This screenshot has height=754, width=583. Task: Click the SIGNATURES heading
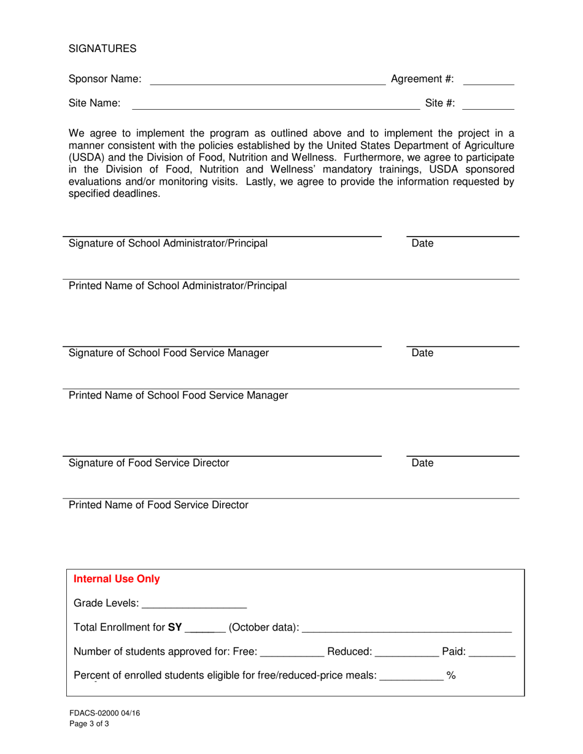click(102, 48)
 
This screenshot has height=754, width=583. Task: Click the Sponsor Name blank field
click(267, 80)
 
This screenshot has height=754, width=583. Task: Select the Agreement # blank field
click(488, 80)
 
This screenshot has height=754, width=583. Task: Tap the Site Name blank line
click(276, 104)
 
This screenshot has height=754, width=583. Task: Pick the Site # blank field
click(488, 104)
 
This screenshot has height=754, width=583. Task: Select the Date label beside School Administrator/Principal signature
click(422, 243)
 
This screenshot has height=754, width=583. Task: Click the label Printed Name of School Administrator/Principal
click(177, 286)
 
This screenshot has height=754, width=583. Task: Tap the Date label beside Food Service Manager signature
click(422, 353)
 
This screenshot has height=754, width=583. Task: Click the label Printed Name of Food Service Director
click(158, 505)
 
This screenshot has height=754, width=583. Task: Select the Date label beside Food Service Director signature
click(422, 463)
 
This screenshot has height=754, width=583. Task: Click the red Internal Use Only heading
click(117, 579)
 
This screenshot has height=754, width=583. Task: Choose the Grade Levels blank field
click(194, 604)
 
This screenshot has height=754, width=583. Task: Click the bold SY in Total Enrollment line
click(175, 627)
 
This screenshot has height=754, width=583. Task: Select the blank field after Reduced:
click(407, 652)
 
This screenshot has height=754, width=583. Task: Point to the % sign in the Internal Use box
click(451, 676)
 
